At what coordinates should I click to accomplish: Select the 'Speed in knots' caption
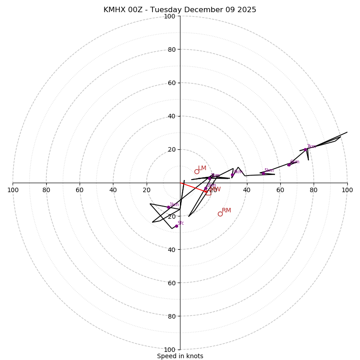180,356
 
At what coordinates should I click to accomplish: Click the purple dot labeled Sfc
176,226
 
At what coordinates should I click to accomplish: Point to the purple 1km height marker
169,207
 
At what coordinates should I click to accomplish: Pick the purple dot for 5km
263,173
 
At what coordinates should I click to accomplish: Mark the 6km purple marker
289,165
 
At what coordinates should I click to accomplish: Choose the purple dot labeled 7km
306,149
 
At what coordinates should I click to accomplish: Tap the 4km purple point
232,175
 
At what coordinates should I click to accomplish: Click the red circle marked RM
220,214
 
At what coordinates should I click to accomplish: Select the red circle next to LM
197,171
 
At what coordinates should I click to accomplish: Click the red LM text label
202,168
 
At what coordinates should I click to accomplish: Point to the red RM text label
226,210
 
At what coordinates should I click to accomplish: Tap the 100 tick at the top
169,16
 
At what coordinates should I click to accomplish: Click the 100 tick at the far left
13,190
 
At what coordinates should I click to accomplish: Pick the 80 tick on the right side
314,190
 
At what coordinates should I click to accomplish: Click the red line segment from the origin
193,187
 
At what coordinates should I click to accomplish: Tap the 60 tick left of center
80,190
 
